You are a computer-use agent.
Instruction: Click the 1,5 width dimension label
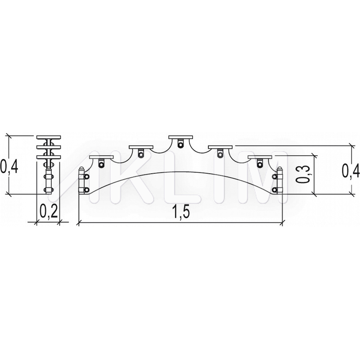181,211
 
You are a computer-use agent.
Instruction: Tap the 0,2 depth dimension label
49,211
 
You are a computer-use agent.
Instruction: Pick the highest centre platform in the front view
180,137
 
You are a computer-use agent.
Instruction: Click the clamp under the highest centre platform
181,144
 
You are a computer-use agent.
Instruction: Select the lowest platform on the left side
102,157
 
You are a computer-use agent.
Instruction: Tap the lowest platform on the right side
260,157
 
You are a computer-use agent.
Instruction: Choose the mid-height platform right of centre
220,147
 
